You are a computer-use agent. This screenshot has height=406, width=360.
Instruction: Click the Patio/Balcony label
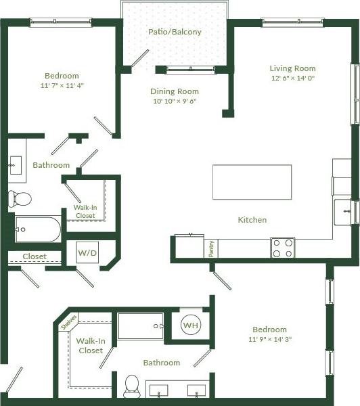[175, 32]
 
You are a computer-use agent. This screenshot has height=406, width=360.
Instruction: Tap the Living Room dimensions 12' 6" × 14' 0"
[292, 78]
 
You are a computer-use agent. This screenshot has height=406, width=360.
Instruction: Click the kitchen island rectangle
[252, 182]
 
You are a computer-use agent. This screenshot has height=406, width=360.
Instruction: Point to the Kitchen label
[252, 220]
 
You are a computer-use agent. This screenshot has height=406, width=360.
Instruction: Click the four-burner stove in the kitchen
[283, 248]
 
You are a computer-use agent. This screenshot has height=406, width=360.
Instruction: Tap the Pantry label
[212, 248]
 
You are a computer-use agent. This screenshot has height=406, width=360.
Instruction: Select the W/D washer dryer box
[87, 254]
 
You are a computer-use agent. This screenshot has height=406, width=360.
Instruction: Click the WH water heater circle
[190, 325]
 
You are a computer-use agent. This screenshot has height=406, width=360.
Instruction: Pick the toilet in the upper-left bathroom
[20, 198]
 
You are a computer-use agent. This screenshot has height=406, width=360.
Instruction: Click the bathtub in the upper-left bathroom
[38, 229]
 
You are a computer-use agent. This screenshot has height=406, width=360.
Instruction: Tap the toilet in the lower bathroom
[132, 386]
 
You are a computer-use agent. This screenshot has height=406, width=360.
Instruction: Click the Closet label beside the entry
[35, 256]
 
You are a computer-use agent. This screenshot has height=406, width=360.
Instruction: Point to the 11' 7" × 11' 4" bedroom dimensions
[62, 86]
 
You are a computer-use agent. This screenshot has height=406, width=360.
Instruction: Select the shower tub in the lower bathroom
[141, 326]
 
